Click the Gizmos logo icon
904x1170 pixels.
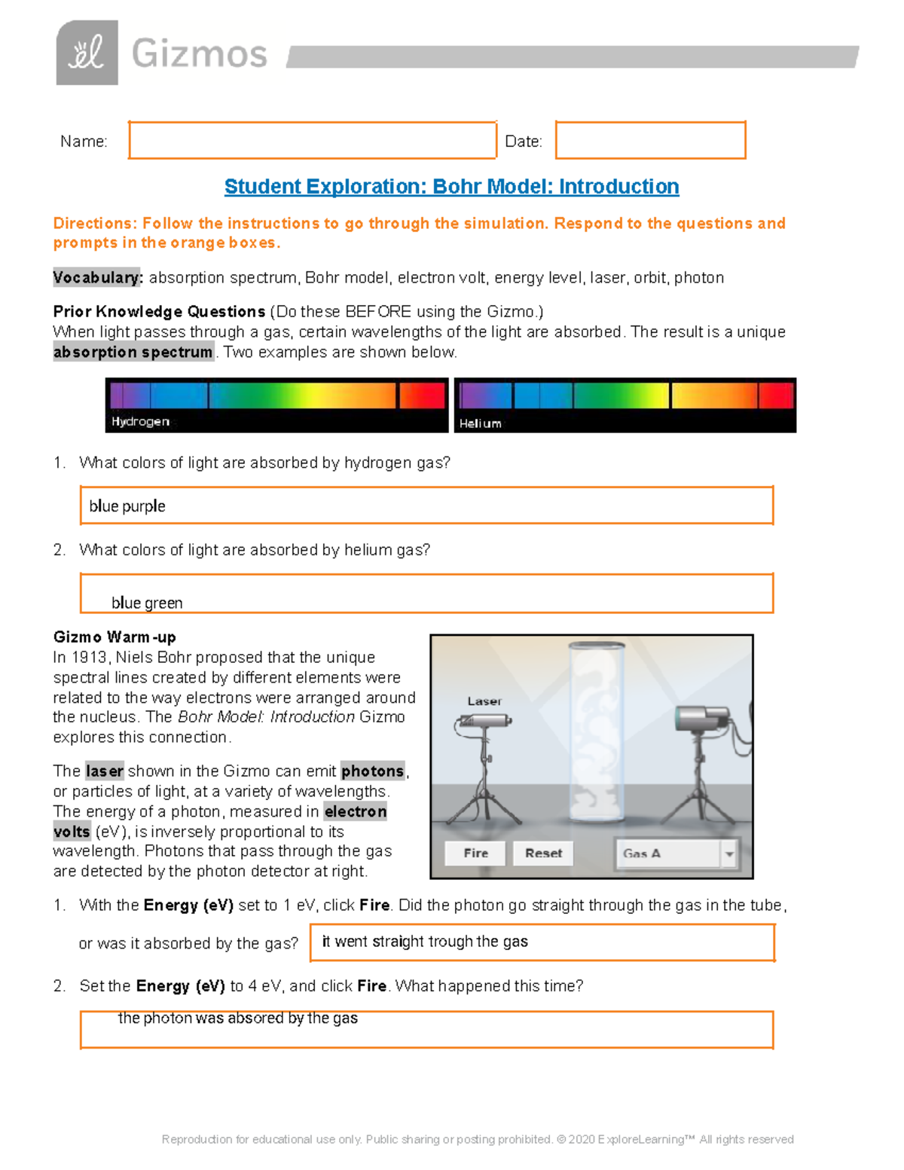pyautogui.click(x=87, y=53)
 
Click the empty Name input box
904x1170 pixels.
pyautogui.click(x=312, y=140)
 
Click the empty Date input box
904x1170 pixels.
pyautogui.click(x=650, y=140)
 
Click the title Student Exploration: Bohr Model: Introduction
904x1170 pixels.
pyautogui.click(x=451, y=187)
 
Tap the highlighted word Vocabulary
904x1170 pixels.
pyautogui.click(x=97, y=278)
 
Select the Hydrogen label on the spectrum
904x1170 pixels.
pyautogui.click(x=140, y=421)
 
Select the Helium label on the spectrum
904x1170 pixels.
pyautogui.click(x=480, y=423)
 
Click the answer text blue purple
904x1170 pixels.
pyautogui.click(x=127, y=506)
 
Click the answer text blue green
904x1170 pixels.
pyautogui.click(x=147, y=603)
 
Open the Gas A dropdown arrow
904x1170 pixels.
pyautogui.click(x=728, y=854)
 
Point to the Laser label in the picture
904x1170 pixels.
pyautogui.click(x=484, y=701)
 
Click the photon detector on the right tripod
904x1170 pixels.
pyautogui.click(x=703, y=718)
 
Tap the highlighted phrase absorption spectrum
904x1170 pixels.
pyautogui.click(x=133, y=353)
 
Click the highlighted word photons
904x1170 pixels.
pyautogui.click(x=372, y=771)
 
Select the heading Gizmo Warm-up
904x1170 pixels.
pyautogui.click(x=115, y=637)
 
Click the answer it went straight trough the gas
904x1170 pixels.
pyautogui.click(x=425, y=942)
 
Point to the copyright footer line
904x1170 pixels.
pyautogui.click(x=478, y=1139)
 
